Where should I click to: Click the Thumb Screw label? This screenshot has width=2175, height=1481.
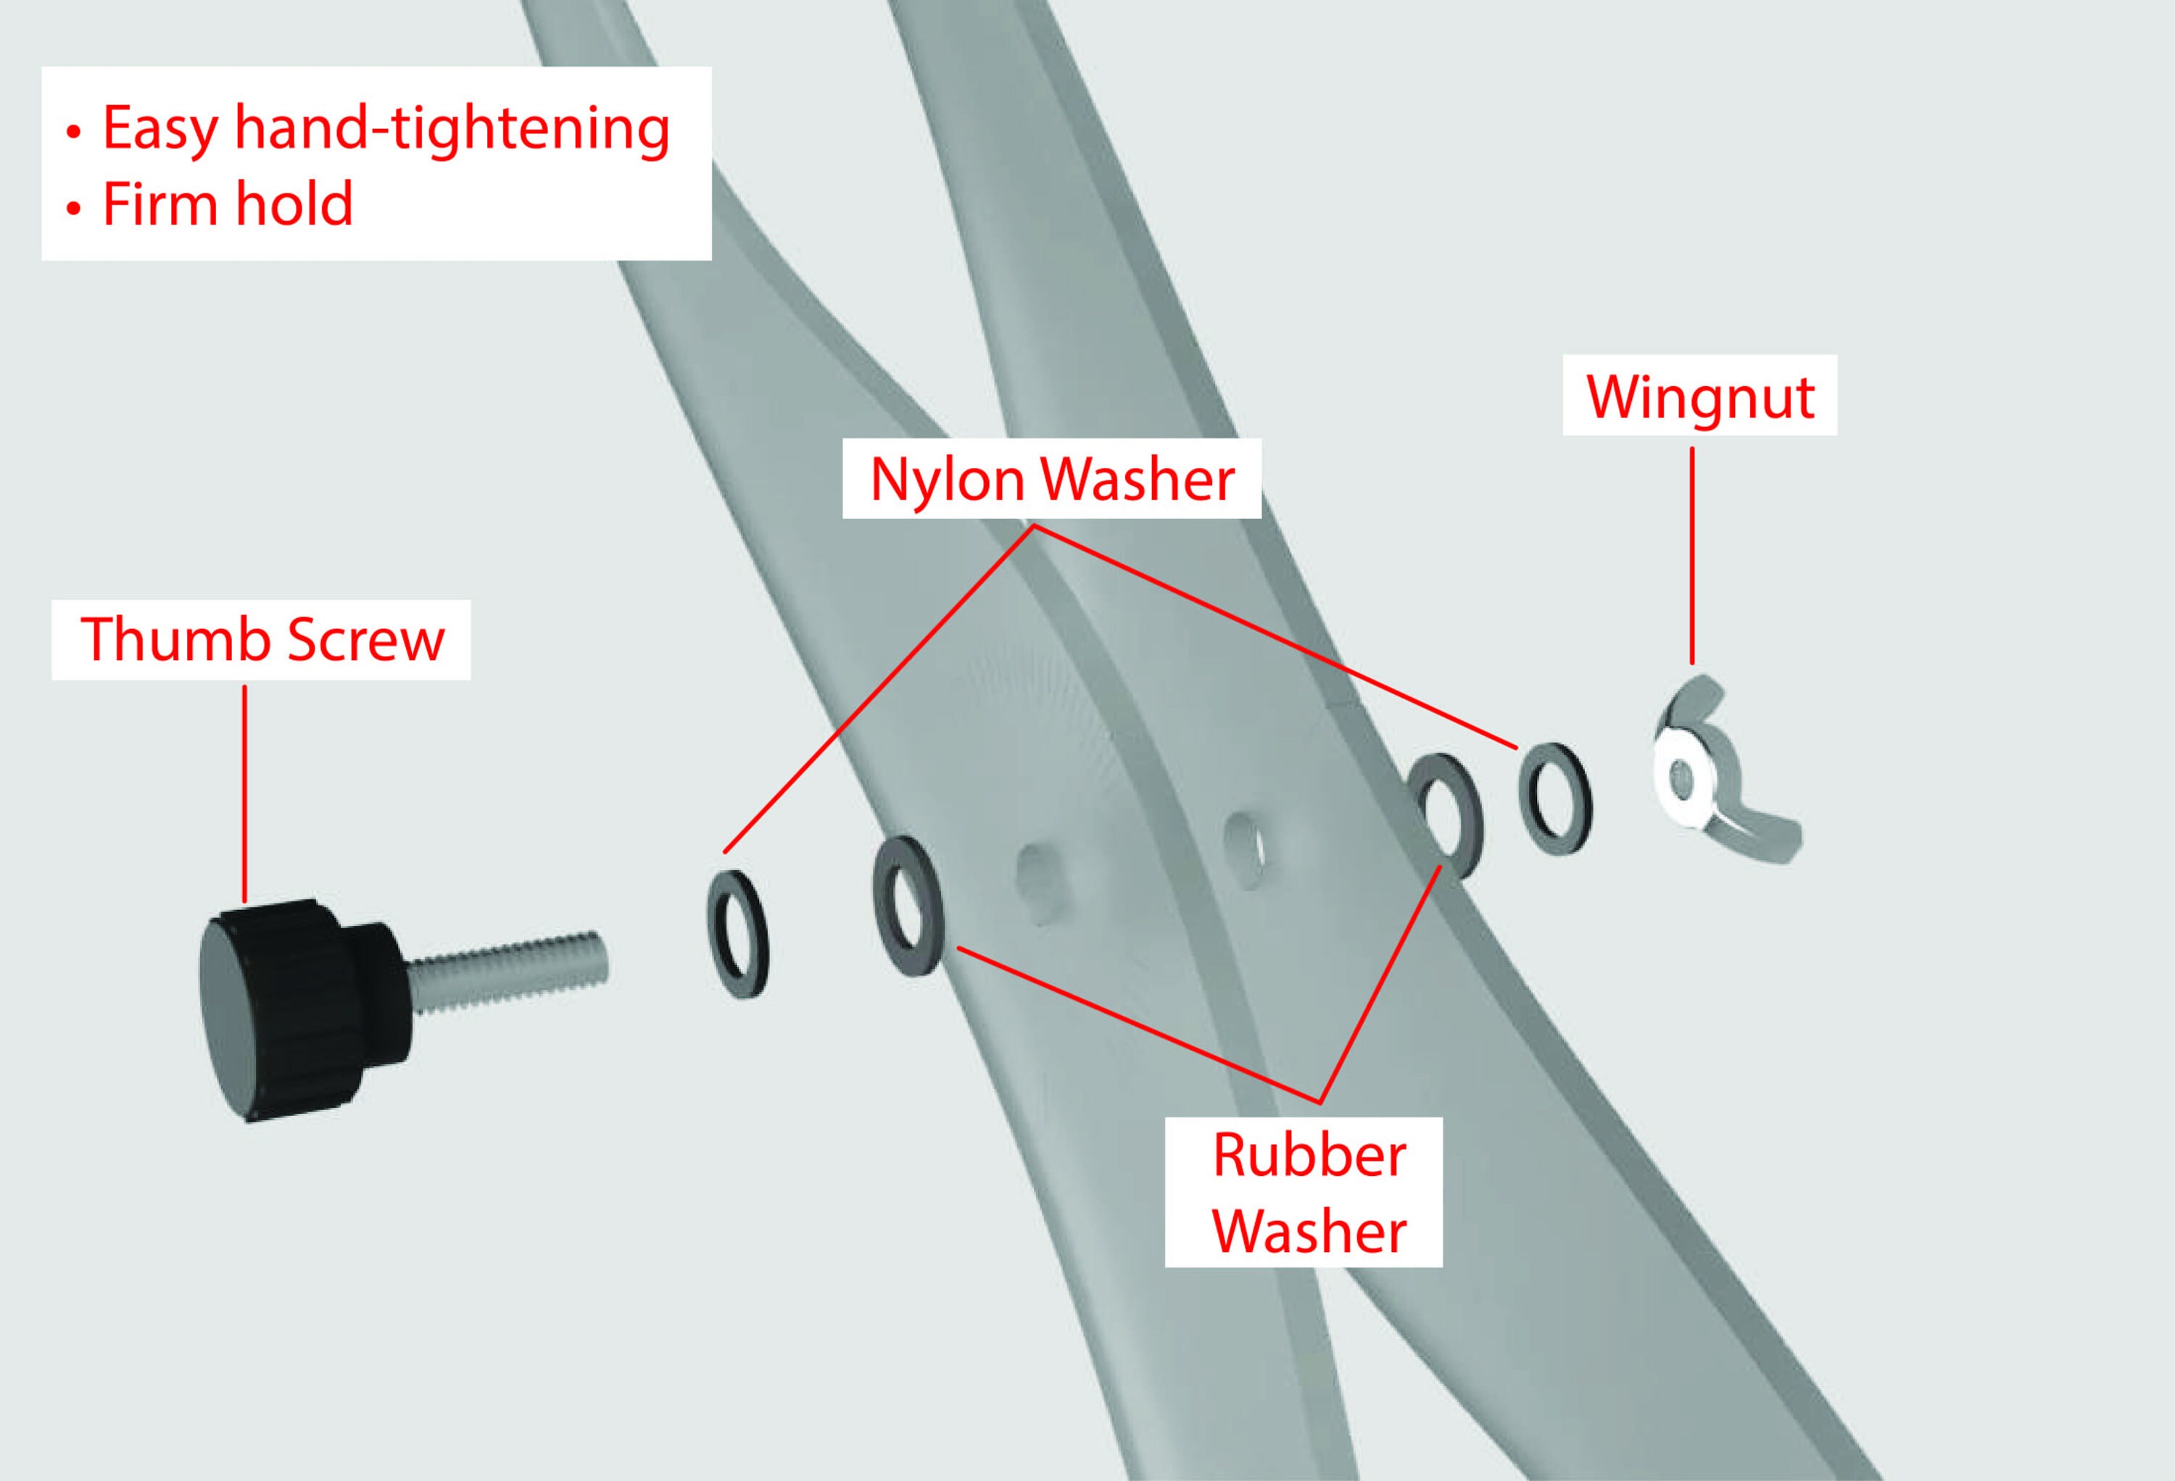coord(261,640)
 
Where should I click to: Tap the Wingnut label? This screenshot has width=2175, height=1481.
coord(1699,396)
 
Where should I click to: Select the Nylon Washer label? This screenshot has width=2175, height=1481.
coord(1051,479)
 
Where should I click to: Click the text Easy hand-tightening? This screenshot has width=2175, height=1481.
coord(386,128)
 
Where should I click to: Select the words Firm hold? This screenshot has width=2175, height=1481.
coord(228,204)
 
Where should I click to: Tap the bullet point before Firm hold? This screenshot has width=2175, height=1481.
coord(74,209)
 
